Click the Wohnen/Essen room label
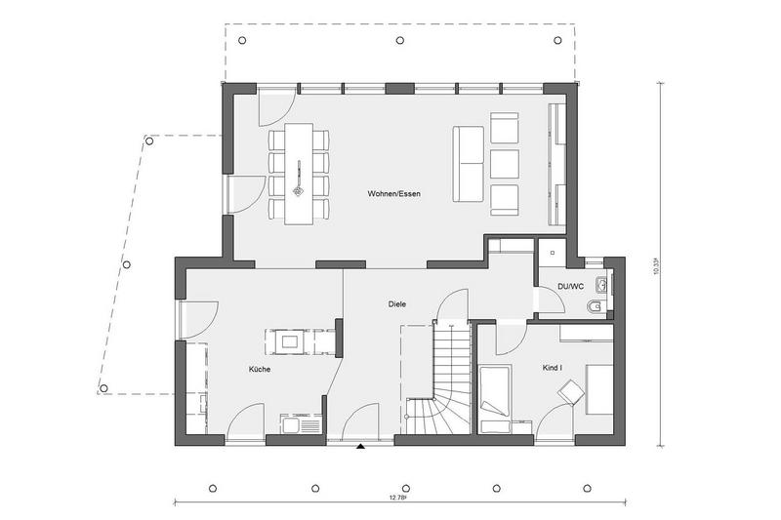pyautogui.click(x=393, y=193)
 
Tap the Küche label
pyautogui.click(x=260, y=369)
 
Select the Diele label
pyautogui.click(x=397, y=303)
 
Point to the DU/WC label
pyautogui.click(x=571, y=286)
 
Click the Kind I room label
pyautogui.click(x=553, y=368)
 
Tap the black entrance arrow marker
pyautogui.click(x=360, y=446)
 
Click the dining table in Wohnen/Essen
pyautogui.click(x=299, y=174)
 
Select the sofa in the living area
pyautogui.click(x=469, y=164)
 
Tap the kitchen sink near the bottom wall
pyautogui.click(x=298, y=426)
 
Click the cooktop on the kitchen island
pyautogui.click(x=289, y=341)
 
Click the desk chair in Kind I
pyautogui.click(x=571, y=391)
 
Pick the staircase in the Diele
pyautogui.click(x=437, y=379)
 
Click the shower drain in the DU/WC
pyautogui.click(x=552, y=253)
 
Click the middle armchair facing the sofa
pyautogui.click(x=504, y=164)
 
